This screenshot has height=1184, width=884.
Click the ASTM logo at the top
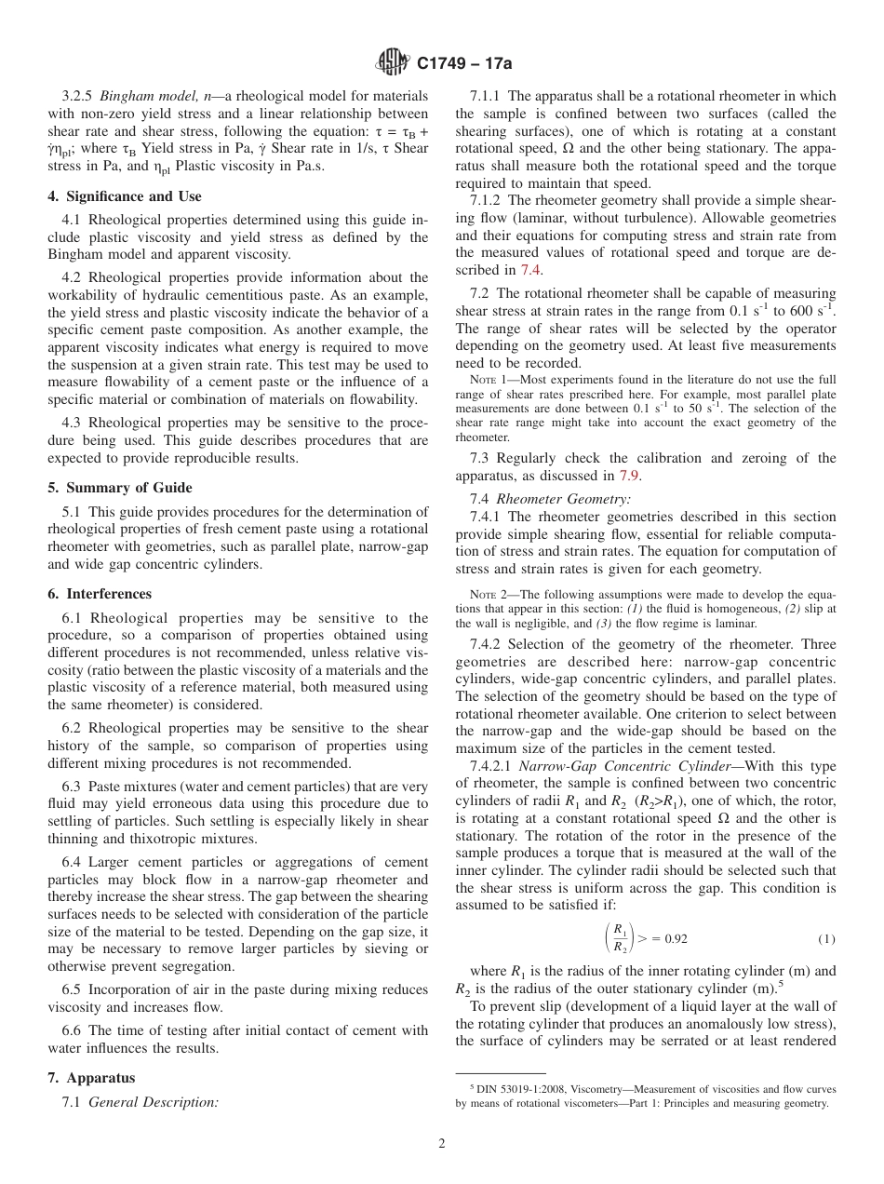[393, 62]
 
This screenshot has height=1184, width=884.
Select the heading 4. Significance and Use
[124, 196]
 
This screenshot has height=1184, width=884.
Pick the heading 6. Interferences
[100, 594]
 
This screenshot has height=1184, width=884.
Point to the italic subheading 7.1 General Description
[140, 1102]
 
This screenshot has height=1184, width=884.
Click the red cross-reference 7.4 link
[530, 270]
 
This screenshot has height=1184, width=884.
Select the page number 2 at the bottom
[442, 1144]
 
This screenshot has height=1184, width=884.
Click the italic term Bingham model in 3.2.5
[149, 96]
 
